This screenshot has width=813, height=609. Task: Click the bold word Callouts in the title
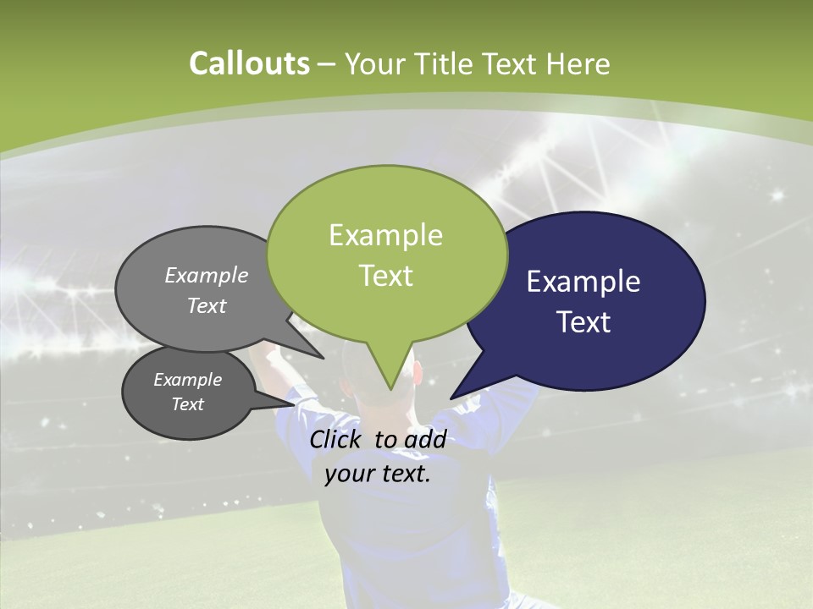tap(249, 63)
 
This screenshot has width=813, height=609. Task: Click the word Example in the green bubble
tap(385, 235)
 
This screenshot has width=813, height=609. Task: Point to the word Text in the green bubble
tap(385, 276)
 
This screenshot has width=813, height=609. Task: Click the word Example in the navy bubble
tap(583, 282)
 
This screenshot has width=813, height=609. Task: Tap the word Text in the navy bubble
tap(583, 322)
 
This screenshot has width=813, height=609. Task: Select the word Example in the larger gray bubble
tap(207, 276)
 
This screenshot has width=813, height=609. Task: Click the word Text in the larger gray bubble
tap(207, 306)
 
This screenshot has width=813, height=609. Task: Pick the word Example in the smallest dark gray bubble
tap(188, 381)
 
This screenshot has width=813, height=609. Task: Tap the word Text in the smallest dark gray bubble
tap(188, 404)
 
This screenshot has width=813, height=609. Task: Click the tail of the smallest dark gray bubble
tap(279, 405)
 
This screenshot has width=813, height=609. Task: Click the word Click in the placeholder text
tap(337, 439)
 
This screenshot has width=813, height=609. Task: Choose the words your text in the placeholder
tap(377, 473)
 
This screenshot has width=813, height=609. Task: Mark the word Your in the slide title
tap(375, 64)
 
